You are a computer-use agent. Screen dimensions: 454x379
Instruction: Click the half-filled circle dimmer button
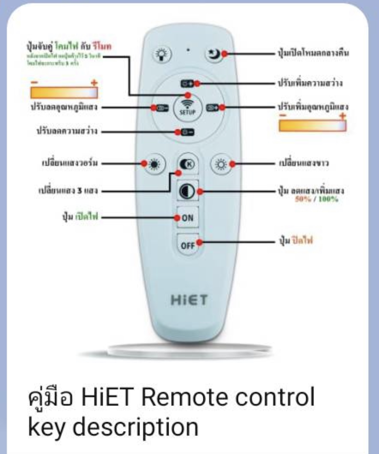click(187, 191)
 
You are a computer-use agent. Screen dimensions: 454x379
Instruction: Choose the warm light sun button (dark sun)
click(154, 164)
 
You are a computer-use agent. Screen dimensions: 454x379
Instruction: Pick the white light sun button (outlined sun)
click(221, 164)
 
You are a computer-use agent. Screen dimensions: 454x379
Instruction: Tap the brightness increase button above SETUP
click(187, 84)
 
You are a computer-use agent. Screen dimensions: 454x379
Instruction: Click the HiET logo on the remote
click(189, 300)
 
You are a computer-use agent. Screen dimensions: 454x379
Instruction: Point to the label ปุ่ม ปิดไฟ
click(296, 240)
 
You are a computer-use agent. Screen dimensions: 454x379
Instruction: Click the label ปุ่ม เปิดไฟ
click(80, 217)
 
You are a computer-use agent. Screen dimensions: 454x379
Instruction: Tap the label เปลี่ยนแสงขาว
click(303, 163)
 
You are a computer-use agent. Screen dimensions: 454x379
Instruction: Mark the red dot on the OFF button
click(200, 242)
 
